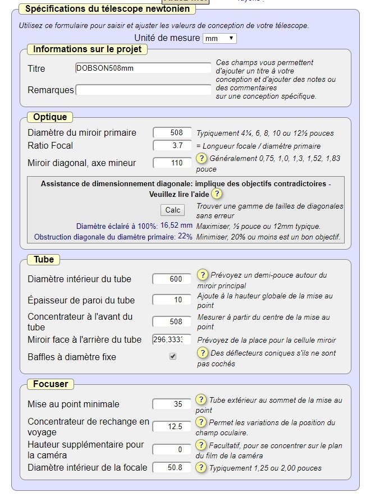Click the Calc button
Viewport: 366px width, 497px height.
[173, 210]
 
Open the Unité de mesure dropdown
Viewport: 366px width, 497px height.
[219, 38]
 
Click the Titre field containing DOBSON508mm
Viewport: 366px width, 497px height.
[143, 68]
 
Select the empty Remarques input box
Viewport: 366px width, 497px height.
[143, 90]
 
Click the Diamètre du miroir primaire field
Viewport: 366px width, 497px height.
[172, 133]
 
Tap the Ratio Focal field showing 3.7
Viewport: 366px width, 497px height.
[172, 146]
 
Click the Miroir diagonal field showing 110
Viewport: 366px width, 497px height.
[172, 163]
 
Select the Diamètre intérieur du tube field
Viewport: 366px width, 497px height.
[172, 278]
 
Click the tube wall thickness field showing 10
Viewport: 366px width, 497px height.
[172, 300]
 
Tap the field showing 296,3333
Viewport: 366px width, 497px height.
[172, 339]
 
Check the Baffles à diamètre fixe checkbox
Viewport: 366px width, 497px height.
[173, 356]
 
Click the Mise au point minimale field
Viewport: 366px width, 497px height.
[172, 404]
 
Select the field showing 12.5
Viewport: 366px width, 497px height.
[172, 426]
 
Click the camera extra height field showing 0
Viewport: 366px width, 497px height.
[172, 449]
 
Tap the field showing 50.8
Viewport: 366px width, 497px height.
[172, 467]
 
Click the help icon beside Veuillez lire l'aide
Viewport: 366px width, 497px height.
[216, 194]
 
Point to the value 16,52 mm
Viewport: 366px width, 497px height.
[176, 226]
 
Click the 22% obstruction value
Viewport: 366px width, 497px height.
[185, 237]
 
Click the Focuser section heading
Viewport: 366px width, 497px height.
[50, 384]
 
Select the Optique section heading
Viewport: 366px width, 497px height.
[50, 117]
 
